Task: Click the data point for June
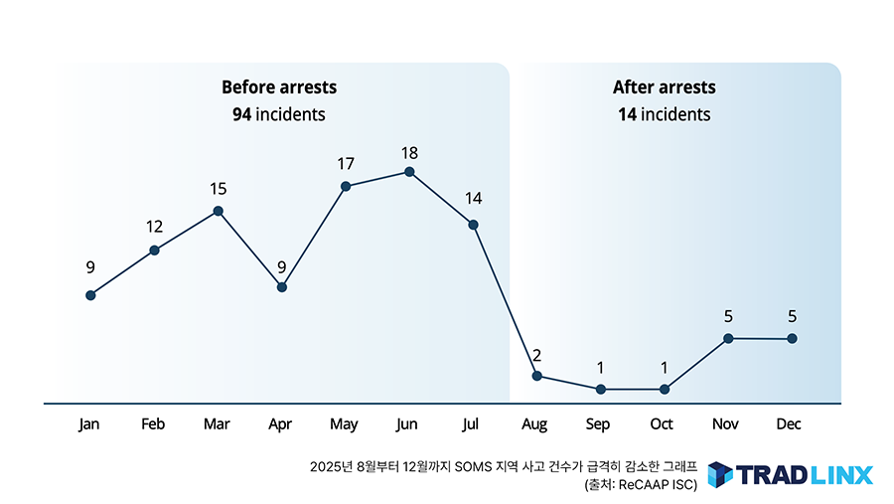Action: [x=409, y=172]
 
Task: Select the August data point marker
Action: [x=537, y=376]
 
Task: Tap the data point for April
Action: [x=282, y=287]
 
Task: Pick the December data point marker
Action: [x=792, y=339]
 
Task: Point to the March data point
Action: [x=219, y=211]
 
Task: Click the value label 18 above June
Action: [x=409, y=153]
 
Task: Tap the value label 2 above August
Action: [x=537, y=356]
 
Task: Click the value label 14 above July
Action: [x=474, y=199]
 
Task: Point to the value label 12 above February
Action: [x=154, y=227]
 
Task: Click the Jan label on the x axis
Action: [x=89, y=424]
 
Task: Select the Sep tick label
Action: [x=598, y=424]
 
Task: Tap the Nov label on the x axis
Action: [x=725, y=424]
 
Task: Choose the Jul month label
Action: [x=471, y=424]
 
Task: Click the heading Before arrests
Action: [x=279, y=87]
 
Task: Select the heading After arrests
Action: [x=664, y=87]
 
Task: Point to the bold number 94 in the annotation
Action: [x=241, y=114]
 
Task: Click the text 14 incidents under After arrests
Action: [x=664, y=114]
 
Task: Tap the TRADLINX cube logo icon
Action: [x=720, y=474]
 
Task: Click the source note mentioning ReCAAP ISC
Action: [x=641, y=485]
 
